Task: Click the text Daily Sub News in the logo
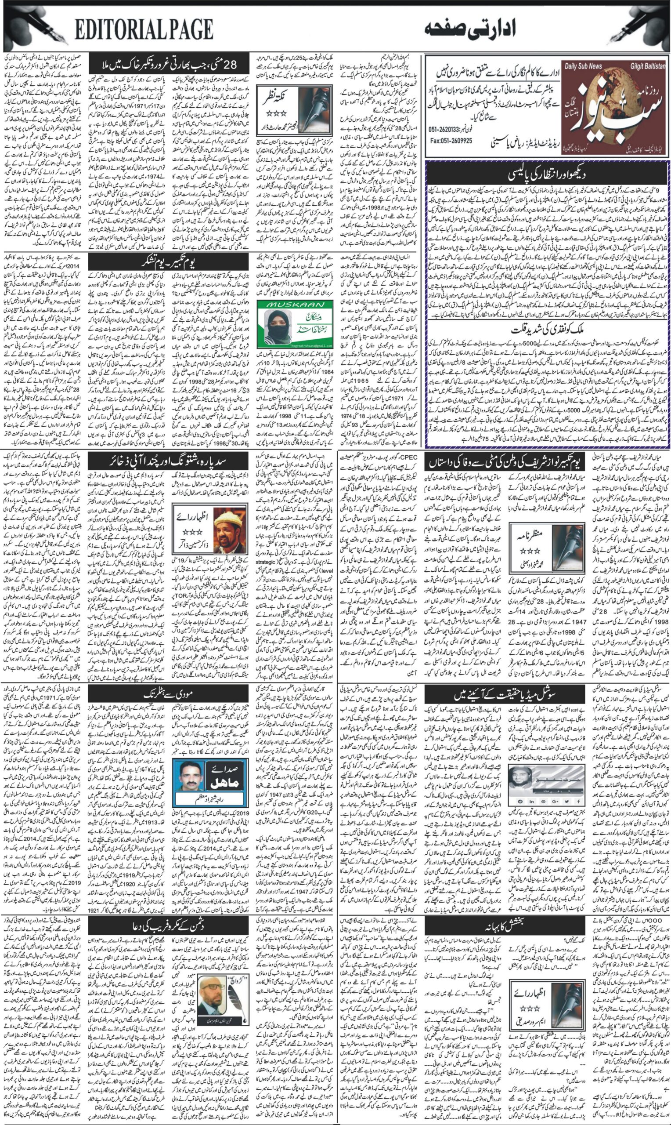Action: click(583, 66)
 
